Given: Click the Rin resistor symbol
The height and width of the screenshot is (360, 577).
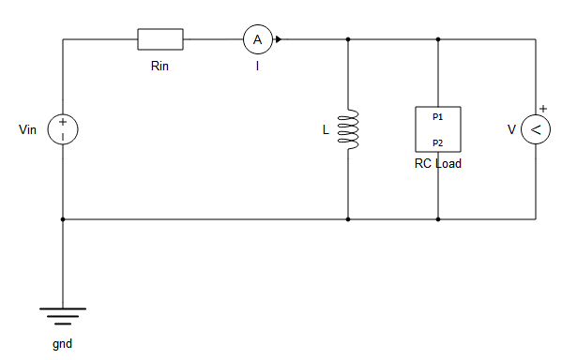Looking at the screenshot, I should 160,39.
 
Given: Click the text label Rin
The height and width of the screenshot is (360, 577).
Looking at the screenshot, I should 160,67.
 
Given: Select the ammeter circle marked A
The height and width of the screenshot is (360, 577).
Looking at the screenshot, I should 257,39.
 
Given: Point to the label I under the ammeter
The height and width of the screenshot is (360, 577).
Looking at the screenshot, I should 257,67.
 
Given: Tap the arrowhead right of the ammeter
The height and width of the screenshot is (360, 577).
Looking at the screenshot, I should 279,39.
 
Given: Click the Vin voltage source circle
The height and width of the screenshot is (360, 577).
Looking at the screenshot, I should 63,129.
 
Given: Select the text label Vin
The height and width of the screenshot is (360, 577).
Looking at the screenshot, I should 28,129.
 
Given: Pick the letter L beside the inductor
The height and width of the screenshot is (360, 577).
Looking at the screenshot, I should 326,130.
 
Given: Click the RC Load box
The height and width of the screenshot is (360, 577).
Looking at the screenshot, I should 438,129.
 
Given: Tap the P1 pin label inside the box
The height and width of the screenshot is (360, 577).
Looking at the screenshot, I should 438,117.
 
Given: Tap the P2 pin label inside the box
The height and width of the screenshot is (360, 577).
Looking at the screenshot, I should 438,142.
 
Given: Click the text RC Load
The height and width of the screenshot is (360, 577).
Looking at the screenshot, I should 438,163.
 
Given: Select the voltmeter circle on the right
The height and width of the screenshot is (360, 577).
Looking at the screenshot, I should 536,129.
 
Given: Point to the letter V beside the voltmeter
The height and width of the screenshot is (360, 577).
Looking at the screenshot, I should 511,130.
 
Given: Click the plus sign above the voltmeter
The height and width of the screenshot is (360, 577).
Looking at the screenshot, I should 542,109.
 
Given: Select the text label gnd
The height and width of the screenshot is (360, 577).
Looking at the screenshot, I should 63,343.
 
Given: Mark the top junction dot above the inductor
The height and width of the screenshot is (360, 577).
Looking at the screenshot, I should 348,39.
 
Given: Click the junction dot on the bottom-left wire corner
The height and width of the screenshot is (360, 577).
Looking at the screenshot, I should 63,219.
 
